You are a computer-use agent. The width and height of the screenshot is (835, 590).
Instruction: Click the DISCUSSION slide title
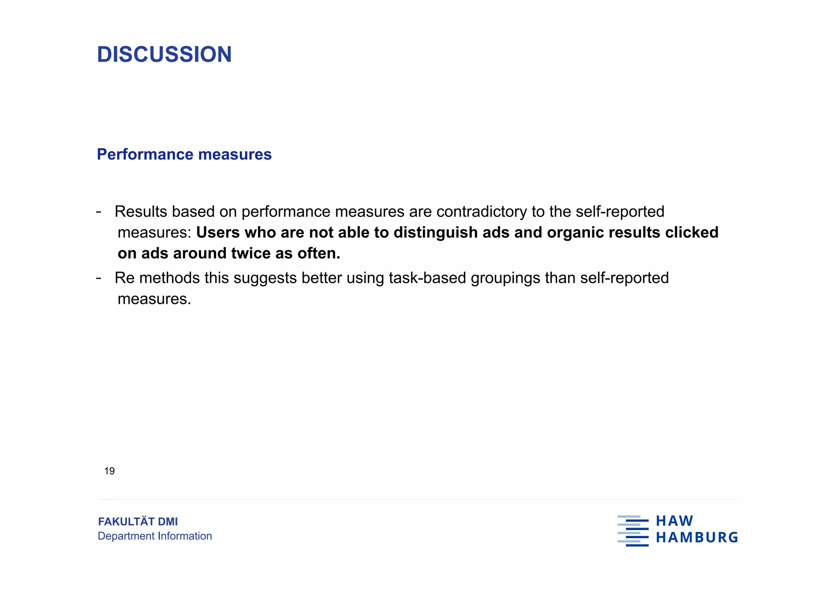click(164, 54)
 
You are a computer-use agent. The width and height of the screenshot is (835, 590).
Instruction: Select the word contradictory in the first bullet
click(481, 212)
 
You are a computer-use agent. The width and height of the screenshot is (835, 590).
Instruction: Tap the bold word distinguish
click(435, 232)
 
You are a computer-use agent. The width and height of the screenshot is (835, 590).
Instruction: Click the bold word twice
click(251, 253)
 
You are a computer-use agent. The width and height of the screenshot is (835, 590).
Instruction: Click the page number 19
click(109, 471)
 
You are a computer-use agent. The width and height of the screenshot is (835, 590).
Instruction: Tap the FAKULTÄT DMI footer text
click(138, 521)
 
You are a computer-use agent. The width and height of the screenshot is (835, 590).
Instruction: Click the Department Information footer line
click(155, 536)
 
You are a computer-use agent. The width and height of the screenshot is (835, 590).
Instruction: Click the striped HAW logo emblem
click(633, 530)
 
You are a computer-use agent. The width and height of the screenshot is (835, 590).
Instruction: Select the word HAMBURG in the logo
click(697, 537)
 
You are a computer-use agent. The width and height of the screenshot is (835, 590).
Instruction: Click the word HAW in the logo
click(674, 521)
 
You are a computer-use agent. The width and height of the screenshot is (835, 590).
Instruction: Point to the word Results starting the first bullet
click(141, 212)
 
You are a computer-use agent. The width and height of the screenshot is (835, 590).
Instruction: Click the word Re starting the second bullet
click(124, 278)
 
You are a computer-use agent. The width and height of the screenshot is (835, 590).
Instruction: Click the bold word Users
click(218, 232)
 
